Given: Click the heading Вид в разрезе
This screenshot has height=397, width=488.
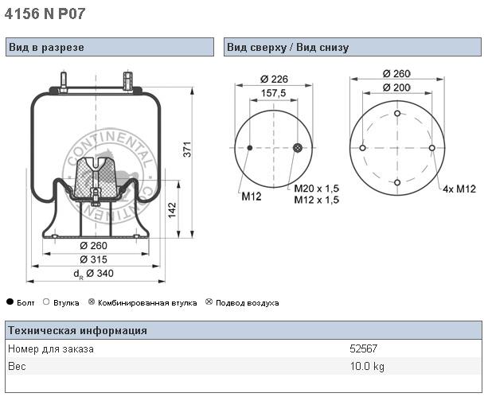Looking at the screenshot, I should pyautogui.click(x=46, y=48).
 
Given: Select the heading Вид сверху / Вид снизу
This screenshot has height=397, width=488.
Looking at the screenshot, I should pyautogui.click(x=287, y=48).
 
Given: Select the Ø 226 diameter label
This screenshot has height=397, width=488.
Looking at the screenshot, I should pyautogui.click(x=273, y=79).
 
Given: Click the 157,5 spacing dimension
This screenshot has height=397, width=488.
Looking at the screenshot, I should pyautogui.click(x=274, y=94).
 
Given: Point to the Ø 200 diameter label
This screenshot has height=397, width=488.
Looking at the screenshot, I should pyautogui.click(x=396, y=87).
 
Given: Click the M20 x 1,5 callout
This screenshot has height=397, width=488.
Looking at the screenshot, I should pyautogui.click(x=316, y=189).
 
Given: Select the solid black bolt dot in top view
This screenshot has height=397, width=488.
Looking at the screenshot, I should pyautogui.click(x=250, y=149).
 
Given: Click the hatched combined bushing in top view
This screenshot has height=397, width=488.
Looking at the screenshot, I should pyautogui.click(x=297, y=149).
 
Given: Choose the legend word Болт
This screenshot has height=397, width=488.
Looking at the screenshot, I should pyautogui.click(x=26, y=303).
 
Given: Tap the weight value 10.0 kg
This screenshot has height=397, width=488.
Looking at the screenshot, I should pyautogui.click(x=367, y=366).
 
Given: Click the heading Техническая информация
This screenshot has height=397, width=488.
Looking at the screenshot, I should pyautogui.click(x=76, y=331).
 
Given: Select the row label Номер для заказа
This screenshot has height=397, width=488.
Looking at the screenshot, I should pyautogui.click(x=50, y=348).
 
